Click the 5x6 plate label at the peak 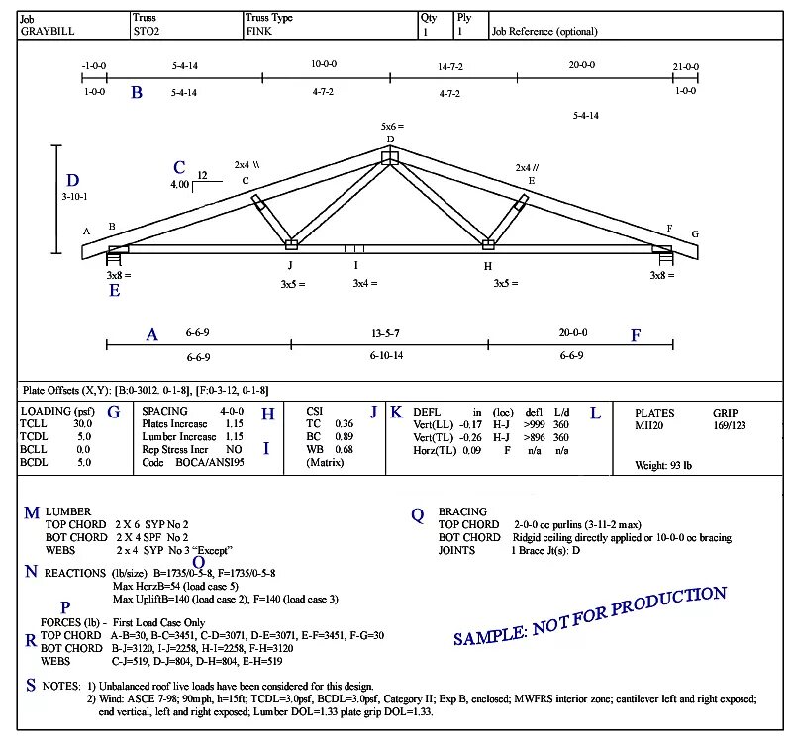tap(393, 127)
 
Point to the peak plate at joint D tap(391, 155)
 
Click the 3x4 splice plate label tap(367, 284)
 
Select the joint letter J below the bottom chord tap(290, 264)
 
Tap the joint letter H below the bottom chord tap(487, 265)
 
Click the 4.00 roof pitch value tap(178, 185)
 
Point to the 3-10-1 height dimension tap(74, 196)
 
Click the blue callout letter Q tap(418, 514)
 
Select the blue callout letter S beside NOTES tap(31, 684)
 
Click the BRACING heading tap(461, 511)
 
